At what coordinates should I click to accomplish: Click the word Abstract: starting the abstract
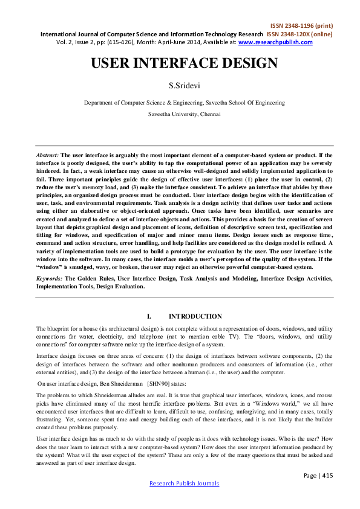point(47,138)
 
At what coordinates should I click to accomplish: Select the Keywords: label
point(50,278)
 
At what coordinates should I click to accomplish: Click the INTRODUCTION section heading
point(195,316)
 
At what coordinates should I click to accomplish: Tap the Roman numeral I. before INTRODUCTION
point(149,316)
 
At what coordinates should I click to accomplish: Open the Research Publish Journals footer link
point(184,483)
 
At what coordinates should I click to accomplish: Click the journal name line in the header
point(151,34)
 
